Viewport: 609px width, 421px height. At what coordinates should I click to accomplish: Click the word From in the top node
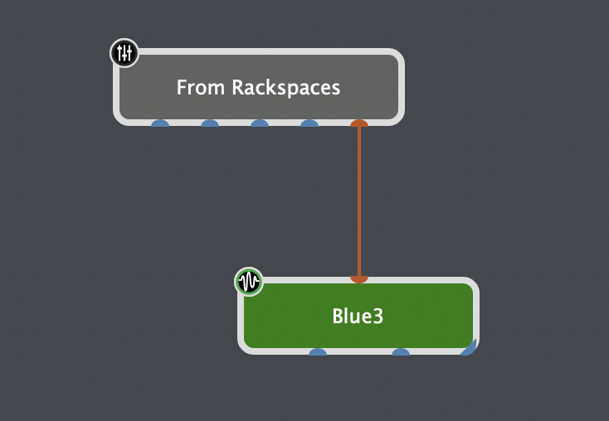201,87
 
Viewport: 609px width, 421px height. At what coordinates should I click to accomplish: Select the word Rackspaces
285,87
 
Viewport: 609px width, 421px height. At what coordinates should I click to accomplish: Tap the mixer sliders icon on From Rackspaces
124,54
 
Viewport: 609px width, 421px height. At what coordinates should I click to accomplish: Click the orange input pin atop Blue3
359,279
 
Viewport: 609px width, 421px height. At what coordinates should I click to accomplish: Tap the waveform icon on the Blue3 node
248,282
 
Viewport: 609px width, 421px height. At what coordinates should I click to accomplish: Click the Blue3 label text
358,316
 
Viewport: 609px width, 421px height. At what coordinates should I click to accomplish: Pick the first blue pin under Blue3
318,352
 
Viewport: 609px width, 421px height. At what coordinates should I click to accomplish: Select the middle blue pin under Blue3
401,352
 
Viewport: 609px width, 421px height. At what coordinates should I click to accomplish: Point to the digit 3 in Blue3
378,316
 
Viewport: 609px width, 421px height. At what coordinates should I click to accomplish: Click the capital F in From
182,87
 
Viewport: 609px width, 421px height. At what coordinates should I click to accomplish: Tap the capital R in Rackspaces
237,87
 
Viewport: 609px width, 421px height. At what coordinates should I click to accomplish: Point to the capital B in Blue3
338,316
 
